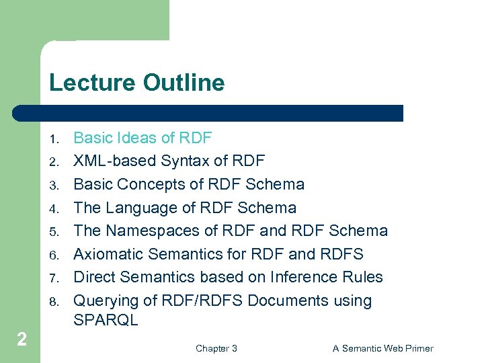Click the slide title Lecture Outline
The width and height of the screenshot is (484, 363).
[x=136, y=83]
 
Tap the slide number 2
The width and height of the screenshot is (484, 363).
[x=22, y=339]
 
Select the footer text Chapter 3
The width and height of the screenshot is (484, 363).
[x=216, y=348]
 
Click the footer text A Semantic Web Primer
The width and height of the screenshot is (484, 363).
[x=382, y=348]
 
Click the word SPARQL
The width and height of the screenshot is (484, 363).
[x=106, y=321]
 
